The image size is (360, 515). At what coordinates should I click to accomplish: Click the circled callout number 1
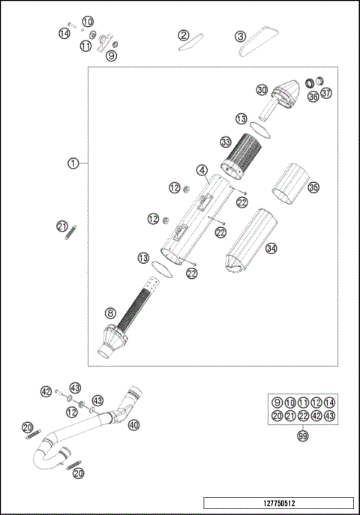coord(73,163)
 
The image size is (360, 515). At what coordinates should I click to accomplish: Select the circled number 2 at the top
coord(183,35)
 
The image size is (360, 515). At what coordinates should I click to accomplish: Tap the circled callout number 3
coord(240,36)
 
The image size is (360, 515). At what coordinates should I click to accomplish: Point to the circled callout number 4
coord(202,170)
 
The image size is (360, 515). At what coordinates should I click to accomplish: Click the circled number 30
coord(261,90)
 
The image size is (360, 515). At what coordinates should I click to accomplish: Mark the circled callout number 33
coord(225,142)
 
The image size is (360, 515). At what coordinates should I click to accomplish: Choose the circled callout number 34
coord(271,248)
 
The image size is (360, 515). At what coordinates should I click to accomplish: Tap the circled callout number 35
coord(313,187)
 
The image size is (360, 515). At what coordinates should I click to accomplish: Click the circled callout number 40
coord(133,425)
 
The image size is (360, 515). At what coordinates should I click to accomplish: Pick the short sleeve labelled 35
coord(289,184)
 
